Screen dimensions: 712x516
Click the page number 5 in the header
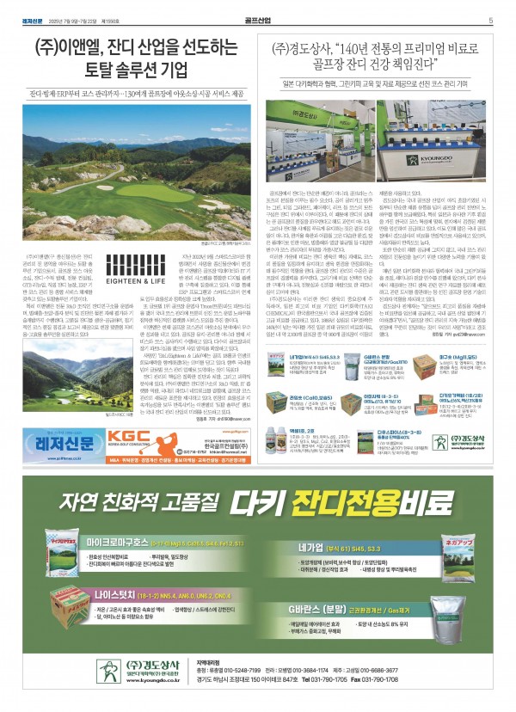coord(489,21)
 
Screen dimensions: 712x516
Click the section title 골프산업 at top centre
coord(259,21)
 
